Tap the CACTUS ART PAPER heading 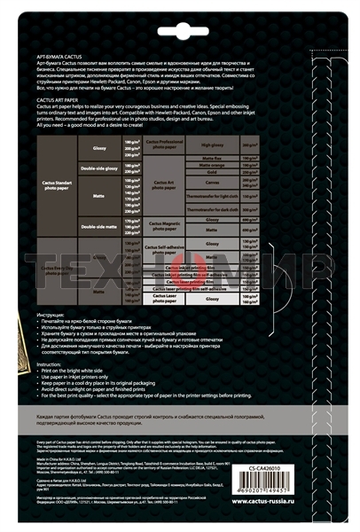[x=59, y=101]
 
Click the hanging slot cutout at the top [x=180, y=20]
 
